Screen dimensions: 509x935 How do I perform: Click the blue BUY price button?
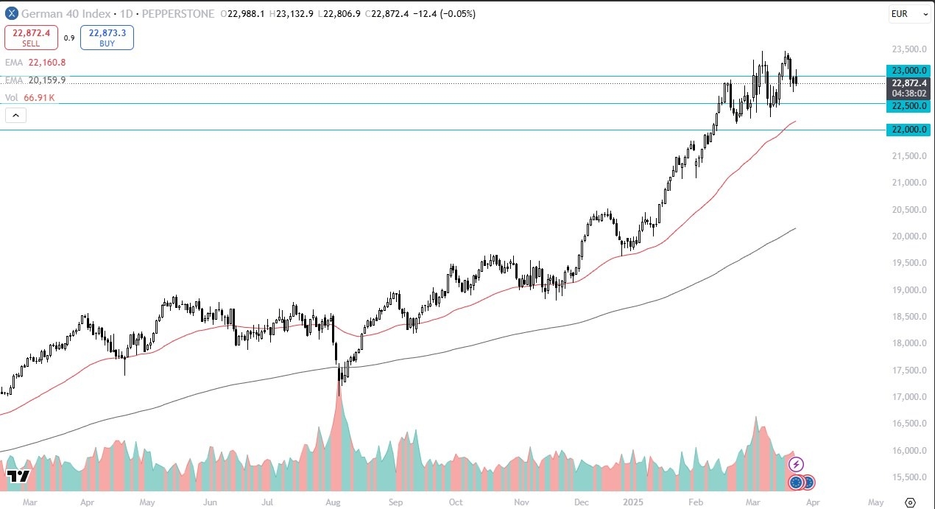point(107,38)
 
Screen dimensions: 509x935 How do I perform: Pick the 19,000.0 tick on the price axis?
point(908,290)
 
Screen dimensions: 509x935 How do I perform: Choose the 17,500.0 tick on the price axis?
point(908,371)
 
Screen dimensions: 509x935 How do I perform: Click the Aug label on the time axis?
point(333,502)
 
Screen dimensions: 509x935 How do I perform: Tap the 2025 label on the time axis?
point(633,502)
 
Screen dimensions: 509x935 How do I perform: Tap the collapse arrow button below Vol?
point(15,115)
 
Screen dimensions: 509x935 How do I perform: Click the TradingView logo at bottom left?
point(18,476)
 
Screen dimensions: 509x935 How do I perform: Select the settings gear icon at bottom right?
point(910,502)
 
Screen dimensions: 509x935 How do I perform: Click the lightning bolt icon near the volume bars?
point(796,465)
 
